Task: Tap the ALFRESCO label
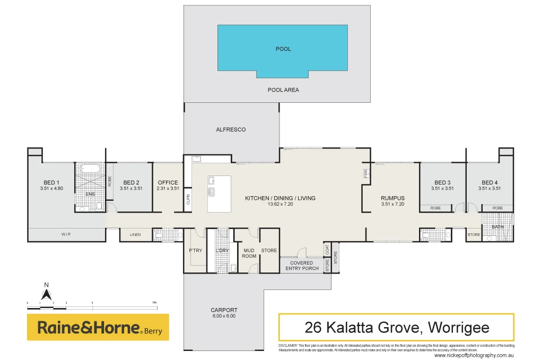tap(231, 129)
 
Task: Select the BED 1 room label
tap(51, 182)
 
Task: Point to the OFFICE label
tap(168, 182)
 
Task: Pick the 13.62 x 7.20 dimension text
tap(280, 204)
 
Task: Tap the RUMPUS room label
tap(392, 198)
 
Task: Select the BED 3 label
tap(442, 182)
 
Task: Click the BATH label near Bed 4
tap(498, 227)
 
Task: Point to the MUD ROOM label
tap(249, 253)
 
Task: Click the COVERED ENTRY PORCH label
tap(302, 266)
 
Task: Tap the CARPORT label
tap(224, 310)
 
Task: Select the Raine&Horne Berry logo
tap(98, 327)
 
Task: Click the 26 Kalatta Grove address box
tap(396, 327)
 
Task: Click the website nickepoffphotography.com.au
tap(474, 355)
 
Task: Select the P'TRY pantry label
tap(195, 250)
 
